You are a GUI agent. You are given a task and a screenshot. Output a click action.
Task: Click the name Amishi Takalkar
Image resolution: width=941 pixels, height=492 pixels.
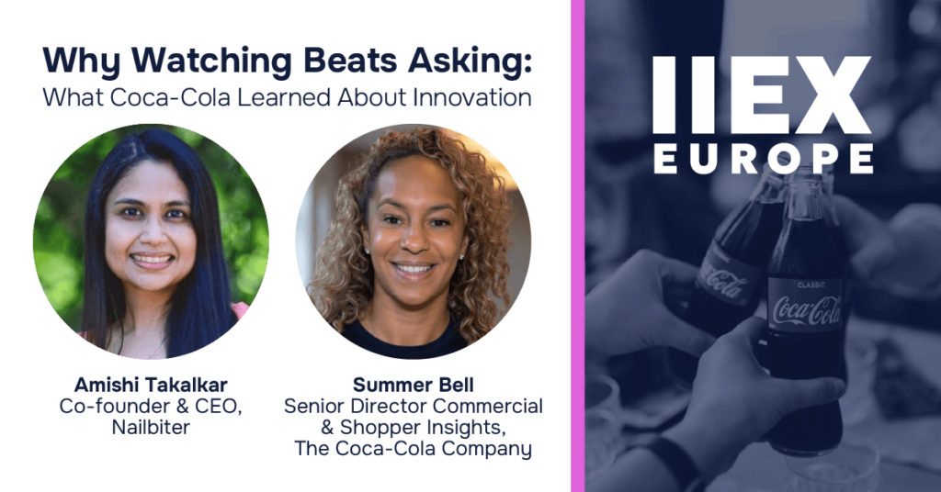click(151, 384)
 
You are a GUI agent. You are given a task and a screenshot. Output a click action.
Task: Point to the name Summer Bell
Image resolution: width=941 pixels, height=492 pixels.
click(413, 384)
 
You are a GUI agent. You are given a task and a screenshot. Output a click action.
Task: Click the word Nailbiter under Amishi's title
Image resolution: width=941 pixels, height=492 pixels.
click(151, 427)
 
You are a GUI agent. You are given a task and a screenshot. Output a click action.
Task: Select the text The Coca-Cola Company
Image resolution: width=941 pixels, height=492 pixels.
click(413, 449)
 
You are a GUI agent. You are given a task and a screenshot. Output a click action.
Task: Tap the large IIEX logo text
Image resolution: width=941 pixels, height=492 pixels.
click(762, 95)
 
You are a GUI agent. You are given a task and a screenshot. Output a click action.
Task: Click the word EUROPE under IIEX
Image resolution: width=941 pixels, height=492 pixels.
click(764, 159)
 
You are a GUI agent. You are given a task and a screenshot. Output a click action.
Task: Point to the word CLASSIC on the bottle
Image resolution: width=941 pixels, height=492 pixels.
click(811, 285)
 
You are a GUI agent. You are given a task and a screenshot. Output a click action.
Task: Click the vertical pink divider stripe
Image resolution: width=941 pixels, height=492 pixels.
click(577, 246)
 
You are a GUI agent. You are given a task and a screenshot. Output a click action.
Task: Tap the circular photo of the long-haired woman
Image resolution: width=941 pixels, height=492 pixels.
click(151, 240)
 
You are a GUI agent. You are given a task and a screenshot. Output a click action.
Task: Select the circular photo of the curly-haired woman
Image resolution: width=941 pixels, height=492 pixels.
click(413, 240)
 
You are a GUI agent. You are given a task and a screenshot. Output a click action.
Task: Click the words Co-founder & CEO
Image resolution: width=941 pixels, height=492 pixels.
click(151, 406)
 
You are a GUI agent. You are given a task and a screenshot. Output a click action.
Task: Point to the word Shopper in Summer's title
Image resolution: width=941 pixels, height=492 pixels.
click(377, 428)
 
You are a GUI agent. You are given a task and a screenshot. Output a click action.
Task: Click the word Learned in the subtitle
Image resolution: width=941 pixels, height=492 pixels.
click(284, 97)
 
